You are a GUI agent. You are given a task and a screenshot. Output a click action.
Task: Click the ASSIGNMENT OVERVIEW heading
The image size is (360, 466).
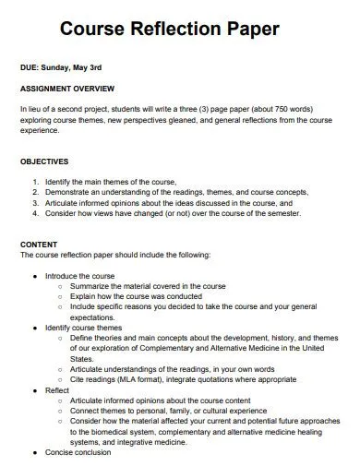point(66,89)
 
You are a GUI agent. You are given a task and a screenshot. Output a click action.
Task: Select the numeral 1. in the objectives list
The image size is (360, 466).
point(35,181)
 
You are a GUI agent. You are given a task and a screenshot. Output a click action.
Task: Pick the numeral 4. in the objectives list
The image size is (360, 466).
point(35,212)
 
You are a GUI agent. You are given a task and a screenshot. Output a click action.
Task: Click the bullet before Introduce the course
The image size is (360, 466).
point(34,276)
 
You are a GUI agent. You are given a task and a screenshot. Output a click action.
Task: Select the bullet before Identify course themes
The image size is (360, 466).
point(34,327)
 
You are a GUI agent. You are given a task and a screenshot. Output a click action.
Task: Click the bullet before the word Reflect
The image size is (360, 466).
point(34,390)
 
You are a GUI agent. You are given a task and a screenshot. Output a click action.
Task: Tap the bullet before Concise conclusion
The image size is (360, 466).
point(34,453)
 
